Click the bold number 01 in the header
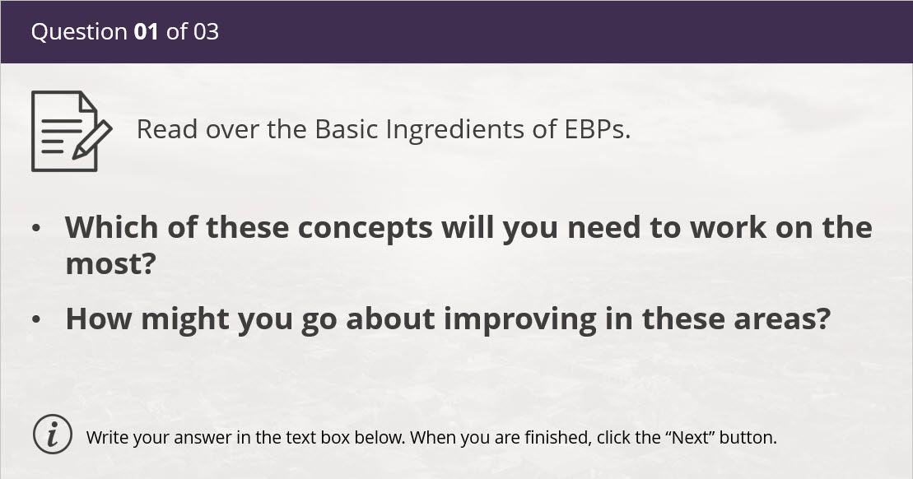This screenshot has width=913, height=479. point(147,31)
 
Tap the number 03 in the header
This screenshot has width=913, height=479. point(206,31)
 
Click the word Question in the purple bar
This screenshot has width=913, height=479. point(79,32)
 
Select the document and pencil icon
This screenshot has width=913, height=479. point(71,131)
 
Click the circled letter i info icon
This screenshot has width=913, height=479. point(53,435)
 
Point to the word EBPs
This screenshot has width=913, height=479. point(598,129)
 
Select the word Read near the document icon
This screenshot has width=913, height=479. point(167,129)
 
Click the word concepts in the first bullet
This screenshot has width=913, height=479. point(365,228)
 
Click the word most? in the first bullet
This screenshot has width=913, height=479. point(110,264)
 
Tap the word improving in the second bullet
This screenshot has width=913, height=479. point(520,319)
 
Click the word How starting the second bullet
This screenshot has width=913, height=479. point(99,319)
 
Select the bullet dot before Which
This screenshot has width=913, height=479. point(37,229)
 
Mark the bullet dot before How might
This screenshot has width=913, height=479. point(37,320)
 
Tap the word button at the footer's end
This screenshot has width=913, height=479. point(748,437)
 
